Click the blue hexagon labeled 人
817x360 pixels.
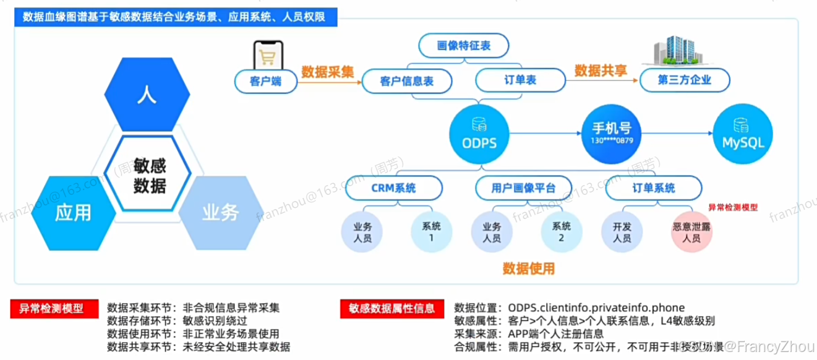coord(147,94)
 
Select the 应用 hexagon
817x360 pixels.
coord(73,212)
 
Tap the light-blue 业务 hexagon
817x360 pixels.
coord(219,212)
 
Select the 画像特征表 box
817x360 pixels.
coord(463,46)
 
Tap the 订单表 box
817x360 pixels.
coord(520,80)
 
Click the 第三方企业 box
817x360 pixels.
coord(685,80)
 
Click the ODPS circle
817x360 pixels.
coord(480,134)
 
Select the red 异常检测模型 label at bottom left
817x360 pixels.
coord(55,307)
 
